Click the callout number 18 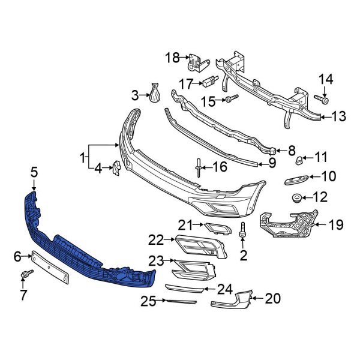(x=172, y=58)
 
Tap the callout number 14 (x=325, y=79)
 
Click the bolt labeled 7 (x=26, y=275)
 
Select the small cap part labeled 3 (x=154, y=94)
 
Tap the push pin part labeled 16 (x=198, y=166)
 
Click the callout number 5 (x=34, y=172)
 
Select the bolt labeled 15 (x=231, y=97)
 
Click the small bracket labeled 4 (x=115, y=169)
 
